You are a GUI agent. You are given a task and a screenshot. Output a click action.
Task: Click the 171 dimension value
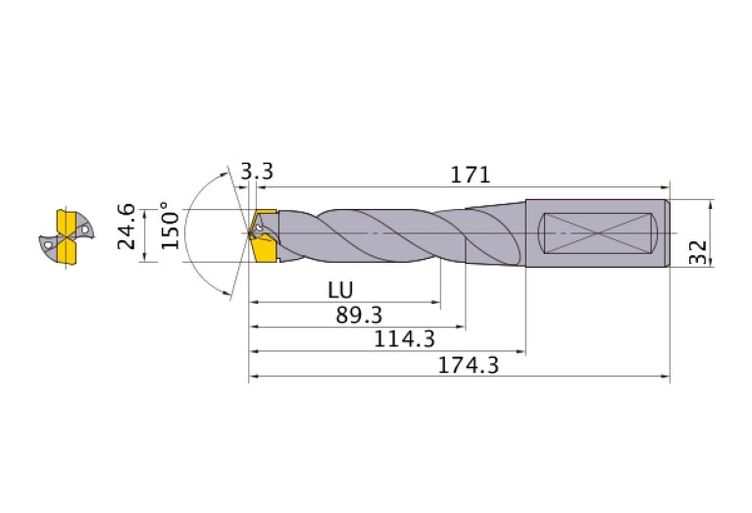click(470, 175)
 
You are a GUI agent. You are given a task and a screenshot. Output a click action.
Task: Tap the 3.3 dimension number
click(257, 172)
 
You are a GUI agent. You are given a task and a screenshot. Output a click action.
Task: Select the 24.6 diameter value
click(126, 226)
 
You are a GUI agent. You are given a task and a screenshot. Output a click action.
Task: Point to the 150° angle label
click(170, 225)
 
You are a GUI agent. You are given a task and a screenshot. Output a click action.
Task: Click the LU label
click(340, 290)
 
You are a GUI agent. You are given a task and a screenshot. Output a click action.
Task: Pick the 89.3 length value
click(359, 315)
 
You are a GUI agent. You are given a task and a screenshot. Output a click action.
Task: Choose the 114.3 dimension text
click(404, 339)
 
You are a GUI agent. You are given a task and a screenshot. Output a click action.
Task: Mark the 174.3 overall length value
click(469, 365)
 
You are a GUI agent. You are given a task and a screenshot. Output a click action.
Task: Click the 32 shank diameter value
click(698, 252)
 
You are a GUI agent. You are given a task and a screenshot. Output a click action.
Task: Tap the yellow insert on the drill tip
click(263, 236)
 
